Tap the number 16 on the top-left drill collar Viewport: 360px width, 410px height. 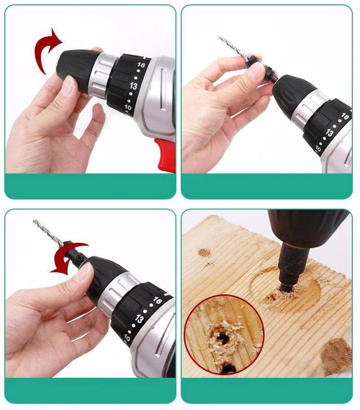pos(141,65)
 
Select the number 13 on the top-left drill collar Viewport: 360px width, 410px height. pos(133,86)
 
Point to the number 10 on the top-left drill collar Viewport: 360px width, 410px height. pos(128,107)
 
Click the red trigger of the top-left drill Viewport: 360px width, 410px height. pos(165,155)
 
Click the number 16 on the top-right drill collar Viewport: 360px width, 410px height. pos(345,116)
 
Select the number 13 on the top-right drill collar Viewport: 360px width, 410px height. pos(329,133)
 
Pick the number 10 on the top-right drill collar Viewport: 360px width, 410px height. pos(318,149)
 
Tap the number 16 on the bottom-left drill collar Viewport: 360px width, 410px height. pos(158,301)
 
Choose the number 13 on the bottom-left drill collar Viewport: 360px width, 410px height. pos(139,319)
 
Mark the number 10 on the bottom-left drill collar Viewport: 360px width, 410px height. pos(127,338)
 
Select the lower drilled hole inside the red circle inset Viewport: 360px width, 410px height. pos(228,369)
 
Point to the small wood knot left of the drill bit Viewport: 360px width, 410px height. pos(204,252)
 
